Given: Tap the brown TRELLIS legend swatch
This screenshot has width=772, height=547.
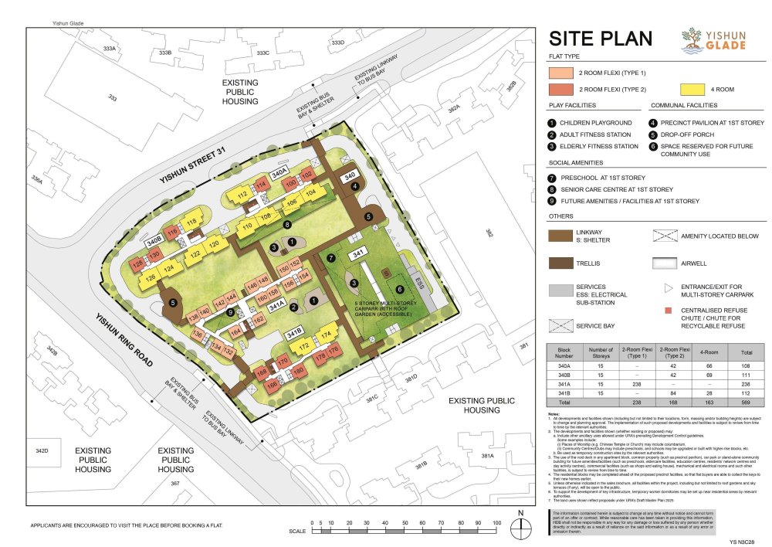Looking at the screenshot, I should [x=567, y=264].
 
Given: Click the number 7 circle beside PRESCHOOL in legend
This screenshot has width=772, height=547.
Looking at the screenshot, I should [x=552, y=177].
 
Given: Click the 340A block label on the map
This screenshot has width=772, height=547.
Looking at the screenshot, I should [x=280, y=168].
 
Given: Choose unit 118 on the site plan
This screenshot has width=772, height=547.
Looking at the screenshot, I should [x=191, y=223].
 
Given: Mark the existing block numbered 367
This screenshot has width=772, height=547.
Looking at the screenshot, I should [x=175, y=484].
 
